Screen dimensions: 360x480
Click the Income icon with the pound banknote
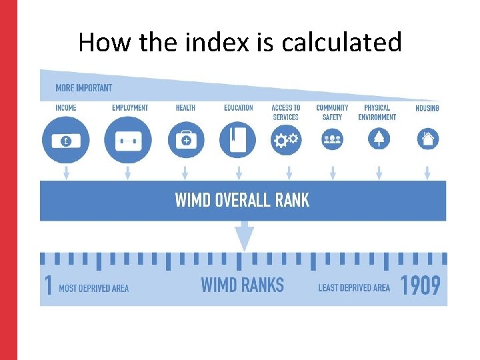tap(65, 141)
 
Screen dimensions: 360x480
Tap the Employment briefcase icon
tap(127, 141)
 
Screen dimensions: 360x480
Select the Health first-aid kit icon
tap(185, 140)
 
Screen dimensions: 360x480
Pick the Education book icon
tap(238, 140)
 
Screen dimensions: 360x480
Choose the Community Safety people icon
tap(332, 139)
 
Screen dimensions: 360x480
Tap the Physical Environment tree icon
tap(379, 139)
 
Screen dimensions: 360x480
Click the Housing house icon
tap(427, 139)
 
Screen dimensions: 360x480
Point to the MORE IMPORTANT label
tap(83, 88)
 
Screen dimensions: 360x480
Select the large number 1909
tap(420, 286)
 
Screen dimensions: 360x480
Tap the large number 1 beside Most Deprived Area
tap(48, 286)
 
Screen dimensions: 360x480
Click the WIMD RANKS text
tap(242, 285)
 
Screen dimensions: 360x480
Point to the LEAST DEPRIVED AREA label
tap(354, 288)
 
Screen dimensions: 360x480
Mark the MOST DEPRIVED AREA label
tap(94, 288)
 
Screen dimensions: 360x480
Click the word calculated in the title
tap(342, 43)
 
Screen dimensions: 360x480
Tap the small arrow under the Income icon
tap(65, 173)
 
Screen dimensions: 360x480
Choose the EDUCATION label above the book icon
tap(238, 108)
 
